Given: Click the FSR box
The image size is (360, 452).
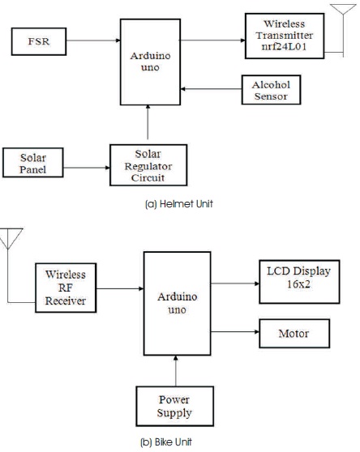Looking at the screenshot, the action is click(39, 41).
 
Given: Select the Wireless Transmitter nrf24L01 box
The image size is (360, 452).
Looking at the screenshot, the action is click(285, 36).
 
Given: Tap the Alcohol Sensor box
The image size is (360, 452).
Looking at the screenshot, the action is click(271, 90).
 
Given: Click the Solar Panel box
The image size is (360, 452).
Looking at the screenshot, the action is click(33, 163).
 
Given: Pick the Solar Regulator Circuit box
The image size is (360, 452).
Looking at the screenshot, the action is click(148, 165).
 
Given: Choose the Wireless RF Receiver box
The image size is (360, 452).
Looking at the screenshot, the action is click(66, 288).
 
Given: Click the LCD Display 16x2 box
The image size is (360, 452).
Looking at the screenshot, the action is click(299, 282).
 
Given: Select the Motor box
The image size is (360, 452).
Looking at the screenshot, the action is click(294, 333).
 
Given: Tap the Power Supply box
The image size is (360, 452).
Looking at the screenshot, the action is click(175, 406).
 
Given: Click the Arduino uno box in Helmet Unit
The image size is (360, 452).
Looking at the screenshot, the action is click(150, 62).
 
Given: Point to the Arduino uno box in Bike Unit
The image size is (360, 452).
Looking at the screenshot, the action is click(177, 304).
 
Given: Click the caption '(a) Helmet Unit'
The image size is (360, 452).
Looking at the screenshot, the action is click(179, 204).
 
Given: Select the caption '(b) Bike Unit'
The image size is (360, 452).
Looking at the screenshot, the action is click(166, 442).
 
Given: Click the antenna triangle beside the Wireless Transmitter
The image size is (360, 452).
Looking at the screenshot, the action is click(343, 9).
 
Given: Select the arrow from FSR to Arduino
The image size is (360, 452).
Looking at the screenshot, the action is click(93, 41).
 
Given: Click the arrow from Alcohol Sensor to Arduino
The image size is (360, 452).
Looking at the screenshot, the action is click(211, 89).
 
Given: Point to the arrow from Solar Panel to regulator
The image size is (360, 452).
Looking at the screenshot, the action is click(87, 168).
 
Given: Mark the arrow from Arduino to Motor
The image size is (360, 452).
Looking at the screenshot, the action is click(235, 332).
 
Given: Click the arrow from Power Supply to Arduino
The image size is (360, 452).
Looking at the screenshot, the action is click(176, 371).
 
